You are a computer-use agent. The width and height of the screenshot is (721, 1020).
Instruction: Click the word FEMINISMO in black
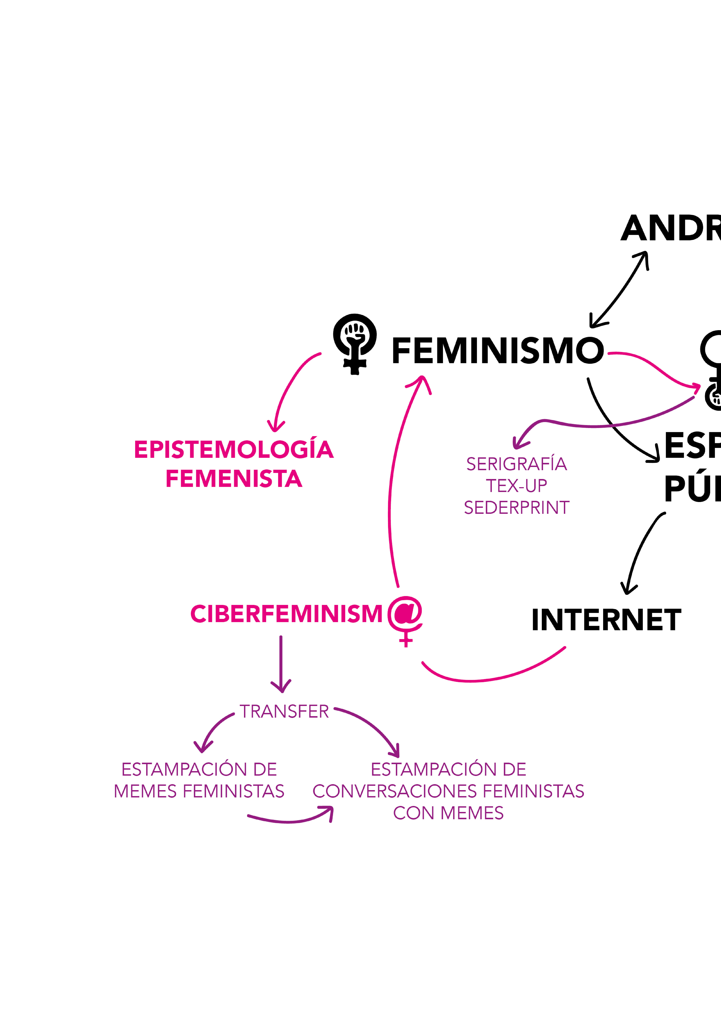pos(498,351)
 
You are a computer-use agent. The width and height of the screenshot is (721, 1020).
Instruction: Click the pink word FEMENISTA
pos(234,479)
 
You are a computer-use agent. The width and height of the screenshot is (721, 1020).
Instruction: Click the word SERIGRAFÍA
pos(516,464)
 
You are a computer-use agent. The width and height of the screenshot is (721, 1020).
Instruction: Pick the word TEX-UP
pos(516,486)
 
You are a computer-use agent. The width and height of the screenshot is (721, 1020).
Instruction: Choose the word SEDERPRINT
pos(516,508)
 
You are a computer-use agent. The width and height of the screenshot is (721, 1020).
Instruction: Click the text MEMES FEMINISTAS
pos(199,791)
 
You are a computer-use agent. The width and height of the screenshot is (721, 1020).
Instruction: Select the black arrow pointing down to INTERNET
pos(640,551)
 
